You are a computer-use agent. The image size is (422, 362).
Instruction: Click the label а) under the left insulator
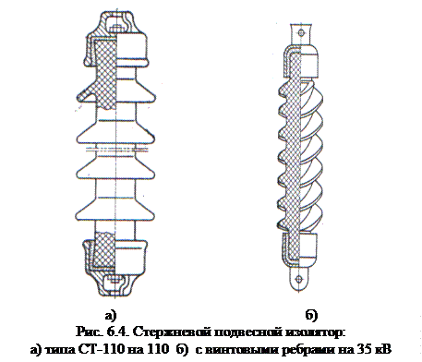(x=111, y=316)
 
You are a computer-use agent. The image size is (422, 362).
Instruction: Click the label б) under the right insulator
(x=311, y=315)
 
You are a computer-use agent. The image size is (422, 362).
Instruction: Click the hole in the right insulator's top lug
(x=302, y=32)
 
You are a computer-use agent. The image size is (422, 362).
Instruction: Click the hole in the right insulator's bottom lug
(x=298, y=279)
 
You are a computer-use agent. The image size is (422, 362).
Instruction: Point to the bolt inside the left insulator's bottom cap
(x=115, y=280)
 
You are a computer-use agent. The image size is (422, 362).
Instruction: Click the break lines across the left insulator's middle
(x=116, y=150)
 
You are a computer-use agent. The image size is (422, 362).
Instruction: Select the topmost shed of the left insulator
(x=115, y=91)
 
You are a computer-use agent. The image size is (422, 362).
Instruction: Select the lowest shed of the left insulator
(x=115, y=210)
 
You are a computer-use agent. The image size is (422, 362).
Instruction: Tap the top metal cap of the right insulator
(x=301, y=62)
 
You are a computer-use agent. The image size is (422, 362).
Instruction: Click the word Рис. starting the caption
(x=90, y=332)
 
